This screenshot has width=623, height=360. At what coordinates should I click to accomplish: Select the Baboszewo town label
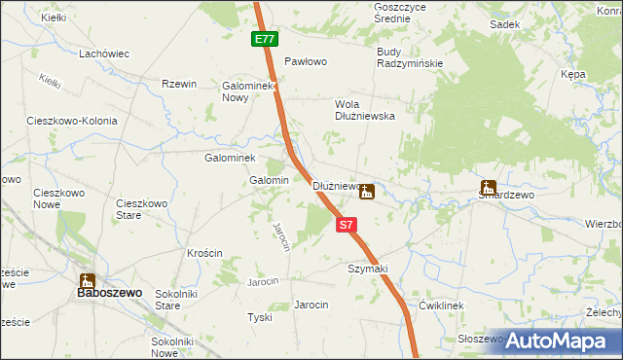(111, 292)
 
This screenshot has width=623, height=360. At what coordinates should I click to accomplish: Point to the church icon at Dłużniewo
(366, 192)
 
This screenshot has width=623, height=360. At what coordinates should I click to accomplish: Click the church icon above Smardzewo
(488, 187)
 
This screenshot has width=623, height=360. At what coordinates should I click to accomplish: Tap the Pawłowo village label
(305, 60)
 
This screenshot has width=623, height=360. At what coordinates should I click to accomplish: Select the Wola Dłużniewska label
(364, 108)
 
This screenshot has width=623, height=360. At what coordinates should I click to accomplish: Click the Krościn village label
(205, 253)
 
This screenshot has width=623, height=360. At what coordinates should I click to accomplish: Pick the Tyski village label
(259, 318)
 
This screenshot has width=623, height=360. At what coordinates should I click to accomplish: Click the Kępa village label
(572, 74)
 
